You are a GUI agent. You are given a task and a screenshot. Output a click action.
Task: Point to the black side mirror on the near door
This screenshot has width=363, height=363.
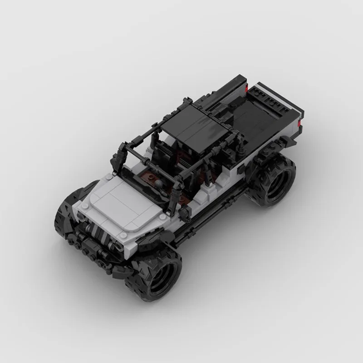coord(187,211)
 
